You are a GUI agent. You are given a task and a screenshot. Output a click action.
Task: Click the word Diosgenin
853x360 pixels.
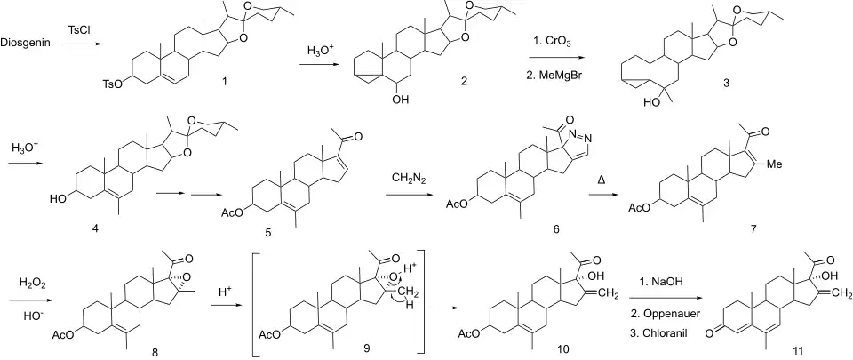tap(26, 42)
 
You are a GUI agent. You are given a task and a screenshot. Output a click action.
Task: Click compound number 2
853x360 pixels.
tap(463, 82)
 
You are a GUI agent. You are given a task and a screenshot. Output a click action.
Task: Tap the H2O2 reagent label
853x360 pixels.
tap(30, 282)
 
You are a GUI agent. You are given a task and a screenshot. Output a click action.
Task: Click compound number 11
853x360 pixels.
tap(798, 349)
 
